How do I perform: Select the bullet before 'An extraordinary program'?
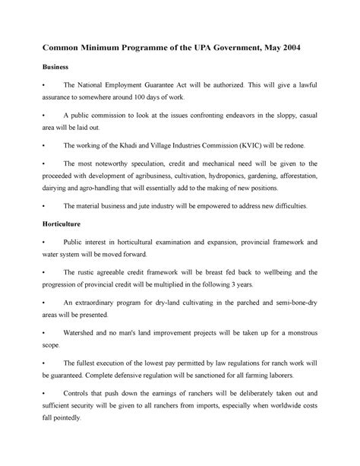[x=47, y=303]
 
